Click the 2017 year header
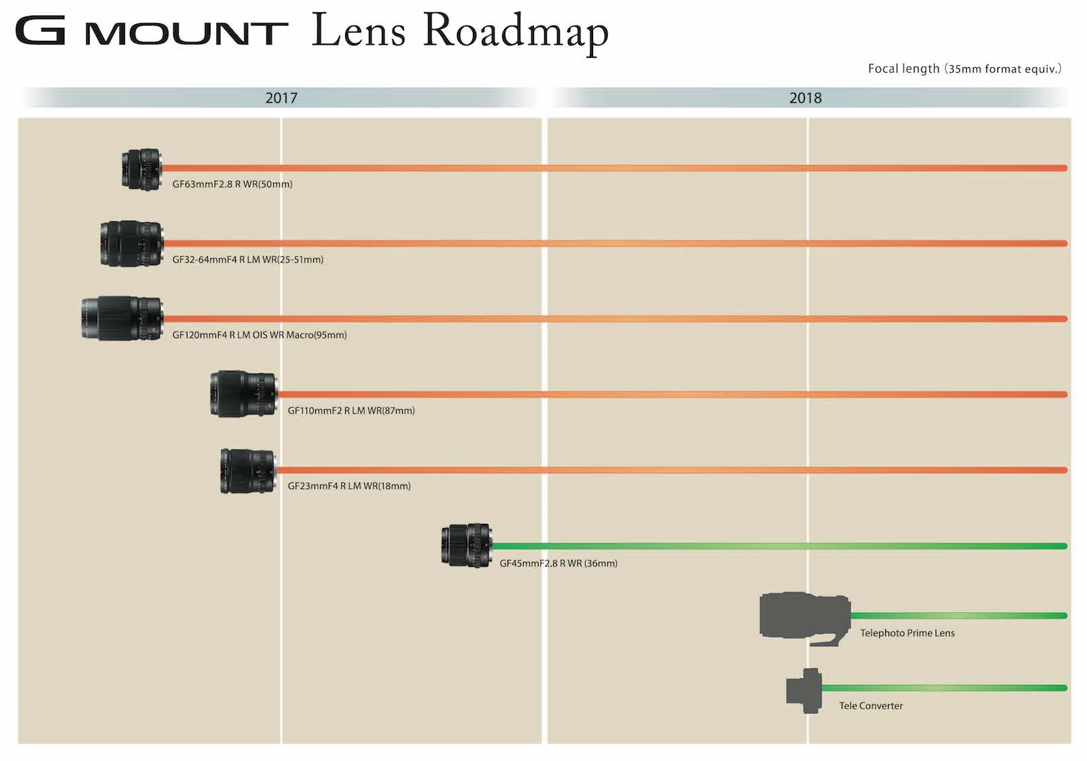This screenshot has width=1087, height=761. point(281,98)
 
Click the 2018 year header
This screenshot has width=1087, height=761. point(805,98)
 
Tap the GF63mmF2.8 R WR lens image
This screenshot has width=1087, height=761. point(141,169)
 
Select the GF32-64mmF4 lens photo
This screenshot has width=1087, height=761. point(132,243)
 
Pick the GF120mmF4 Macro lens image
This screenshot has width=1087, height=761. point(122,318)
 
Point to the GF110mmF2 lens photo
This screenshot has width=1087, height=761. point(243,393)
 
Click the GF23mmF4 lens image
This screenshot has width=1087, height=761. point(248,470)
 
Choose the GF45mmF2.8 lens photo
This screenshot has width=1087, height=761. point(466,545)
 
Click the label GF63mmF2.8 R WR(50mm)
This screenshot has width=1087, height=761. point(232,184)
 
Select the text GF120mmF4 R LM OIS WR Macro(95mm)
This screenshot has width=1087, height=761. point(260,335)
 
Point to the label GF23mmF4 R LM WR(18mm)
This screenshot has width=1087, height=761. point(349,486)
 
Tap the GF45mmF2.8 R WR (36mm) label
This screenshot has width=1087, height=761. point(558,563)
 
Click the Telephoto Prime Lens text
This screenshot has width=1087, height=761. point(907,633)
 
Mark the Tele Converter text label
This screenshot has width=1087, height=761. point(871,706)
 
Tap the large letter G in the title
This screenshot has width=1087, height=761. point(41,31)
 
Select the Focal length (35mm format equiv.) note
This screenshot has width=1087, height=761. point(964,69)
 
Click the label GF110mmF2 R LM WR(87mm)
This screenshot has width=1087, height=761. point(351,410)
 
